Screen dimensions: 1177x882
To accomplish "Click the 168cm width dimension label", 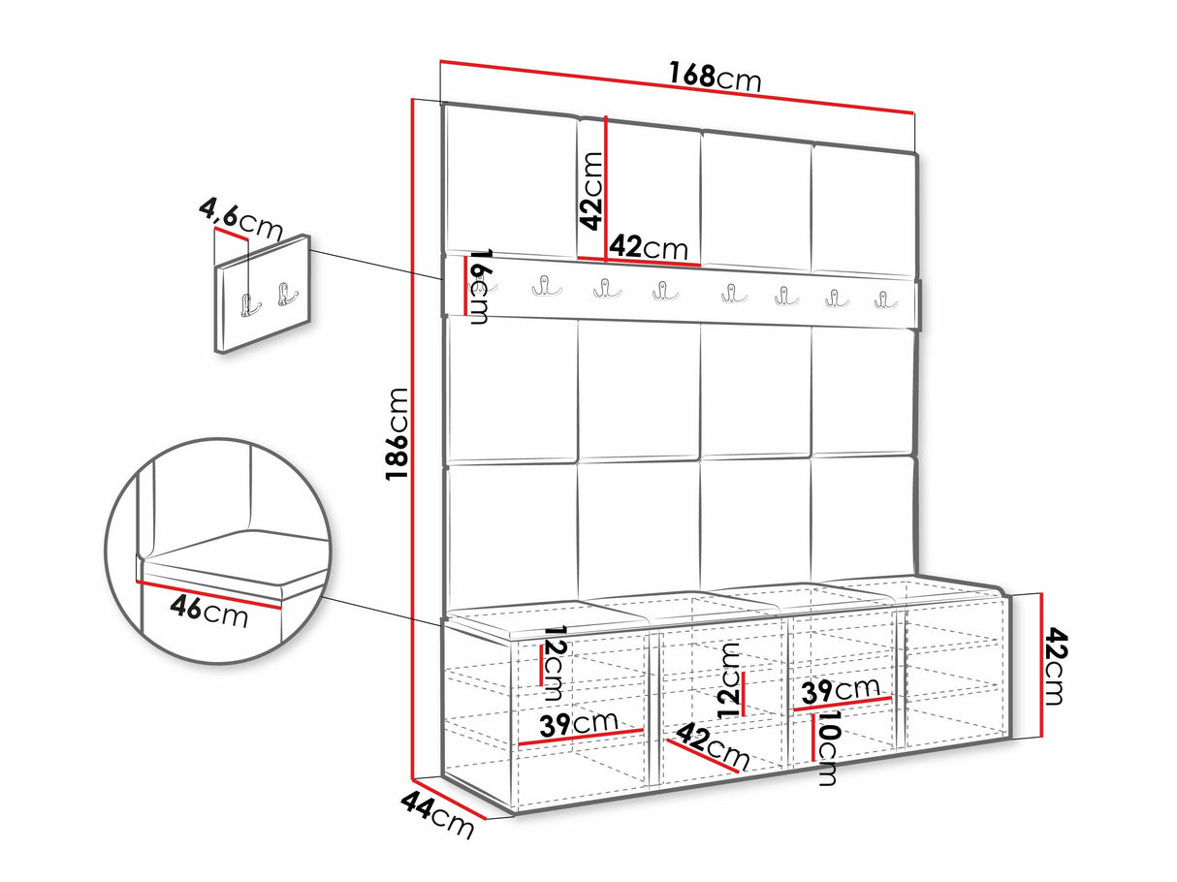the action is [x=715, y=78].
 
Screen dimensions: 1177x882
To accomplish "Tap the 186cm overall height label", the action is [x=398, y=433].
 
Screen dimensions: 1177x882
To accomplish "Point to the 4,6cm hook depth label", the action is [x=240, y=219].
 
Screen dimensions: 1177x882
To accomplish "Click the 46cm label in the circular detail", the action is [x=209, y=611].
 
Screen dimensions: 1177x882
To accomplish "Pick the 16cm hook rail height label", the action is [x=480, y=287].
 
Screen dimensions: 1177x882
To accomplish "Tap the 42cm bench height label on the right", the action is [x=1053, y=667].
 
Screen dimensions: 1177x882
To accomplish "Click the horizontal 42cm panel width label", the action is [x=649, y=247].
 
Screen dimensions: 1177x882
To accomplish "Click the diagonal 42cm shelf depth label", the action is [x=712, y=745].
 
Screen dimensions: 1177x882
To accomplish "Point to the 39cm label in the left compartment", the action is [x=579, y=723].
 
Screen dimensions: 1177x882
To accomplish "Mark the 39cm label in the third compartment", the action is [x=841, y=691].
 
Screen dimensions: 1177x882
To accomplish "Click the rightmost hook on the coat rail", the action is [x=885, y=300].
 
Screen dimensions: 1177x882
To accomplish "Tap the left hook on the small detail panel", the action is [x=250, y=305].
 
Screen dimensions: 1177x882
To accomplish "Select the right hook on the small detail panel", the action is [x=287, y=295].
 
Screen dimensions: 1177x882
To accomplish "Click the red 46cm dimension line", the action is [x=209, y=595].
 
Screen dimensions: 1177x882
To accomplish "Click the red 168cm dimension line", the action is [x=677, y=87].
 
